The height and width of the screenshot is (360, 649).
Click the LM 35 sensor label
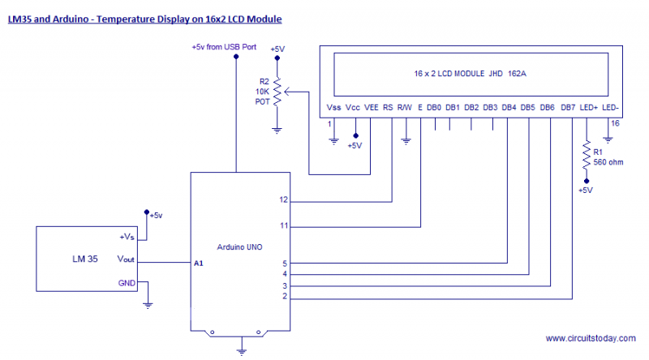pos(82,259)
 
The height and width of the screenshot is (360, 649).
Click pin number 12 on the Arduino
pos(283,199)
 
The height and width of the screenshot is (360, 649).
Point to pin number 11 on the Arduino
pos(283,225)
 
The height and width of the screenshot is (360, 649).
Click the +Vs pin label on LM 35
pos(128,237)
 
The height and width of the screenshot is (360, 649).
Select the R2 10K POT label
pos(263,92)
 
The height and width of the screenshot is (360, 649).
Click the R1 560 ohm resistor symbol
pos(584,159)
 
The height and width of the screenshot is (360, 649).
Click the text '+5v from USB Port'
pos(224,48)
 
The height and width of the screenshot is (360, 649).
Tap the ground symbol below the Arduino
pos(241,350)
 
